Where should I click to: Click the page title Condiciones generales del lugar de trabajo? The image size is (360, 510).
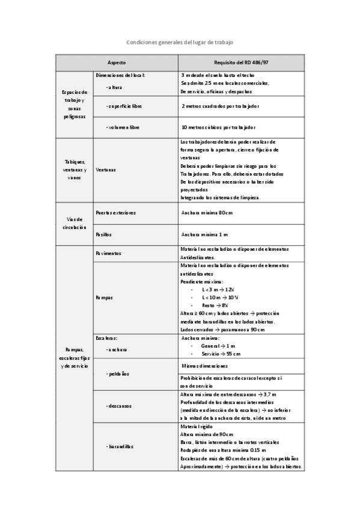180,43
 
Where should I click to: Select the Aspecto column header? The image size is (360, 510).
117,63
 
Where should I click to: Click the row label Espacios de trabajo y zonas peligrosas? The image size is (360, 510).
75,104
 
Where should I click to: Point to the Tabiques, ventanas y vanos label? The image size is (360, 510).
75,170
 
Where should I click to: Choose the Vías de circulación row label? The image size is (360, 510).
75,223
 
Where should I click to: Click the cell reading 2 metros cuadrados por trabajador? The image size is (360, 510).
220,106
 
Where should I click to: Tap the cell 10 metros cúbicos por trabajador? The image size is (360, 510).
219,127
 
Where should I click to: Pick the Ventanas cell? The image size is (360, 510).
106,170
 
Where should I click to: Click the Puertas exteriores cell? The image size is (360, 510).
115,213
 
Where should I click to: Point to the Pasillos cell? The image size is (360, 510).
104,234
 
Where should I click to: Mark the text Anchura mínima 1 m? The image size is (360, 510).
204,234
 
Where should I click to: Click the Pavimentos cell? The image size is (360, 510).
109,253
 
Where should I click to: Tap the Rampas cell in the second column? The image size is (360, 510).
104,298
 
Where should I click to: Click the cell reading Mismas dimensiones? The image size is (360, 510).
205,366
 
